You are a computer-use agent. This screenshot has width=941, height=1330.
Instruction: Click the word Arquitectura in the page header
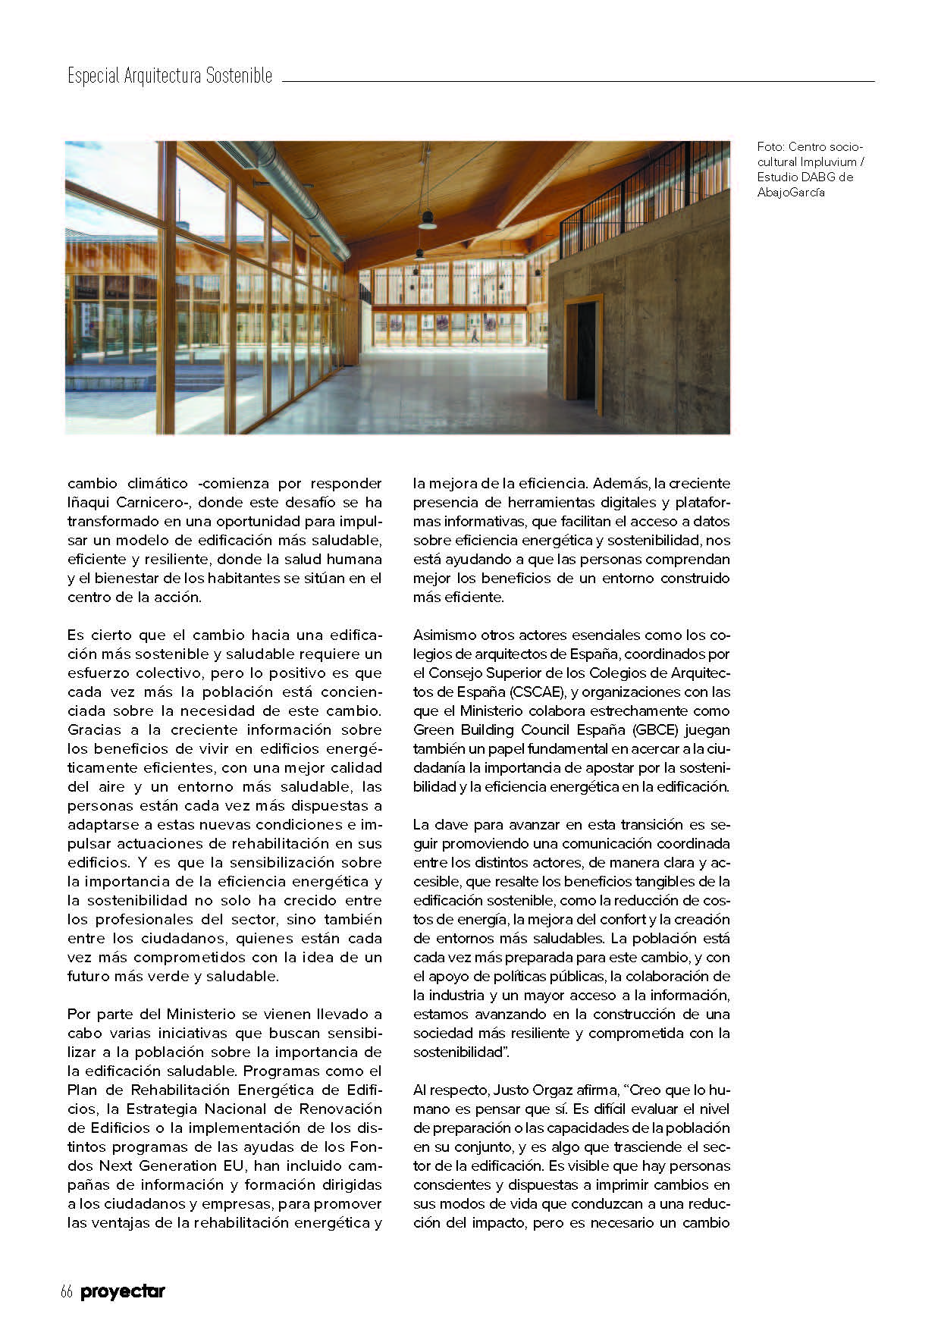click(x=162, y=77)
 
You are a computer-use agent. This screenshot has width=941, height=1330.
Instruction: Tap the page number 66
click(x=66, y=1292)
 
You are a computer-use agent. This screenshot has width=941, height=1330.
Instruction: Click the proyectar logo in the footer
click(x=123, y=1292)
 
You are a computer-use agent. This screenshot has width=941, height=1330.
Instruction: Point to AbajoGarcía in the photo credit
click(x=791, y=192)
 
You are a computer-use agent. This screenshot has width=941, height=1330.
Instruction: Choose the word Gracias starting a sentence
click(x=94, y=729)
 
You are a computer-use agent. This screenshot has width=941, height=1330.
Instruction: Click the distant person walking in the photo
click(x=475, y=334)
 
